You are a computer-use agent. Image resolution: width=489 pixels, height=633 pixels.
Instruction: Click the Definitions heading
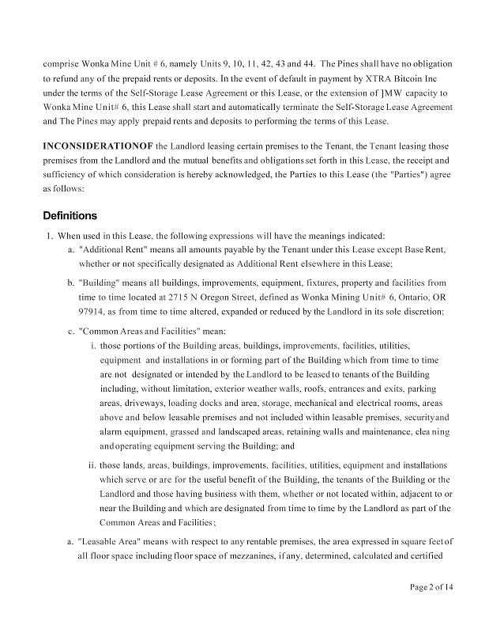[x=70, y=215]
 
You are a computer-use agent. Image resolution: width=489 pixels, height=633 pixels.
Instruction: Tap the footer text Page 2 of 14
[x=431, y=587]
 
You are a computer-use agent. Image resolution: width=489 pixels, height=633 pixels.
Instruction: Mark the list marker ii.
[x=91, y=465]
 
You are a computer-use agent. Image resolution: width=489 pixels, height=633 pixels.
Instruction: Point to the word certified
[x=427, y=556]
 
